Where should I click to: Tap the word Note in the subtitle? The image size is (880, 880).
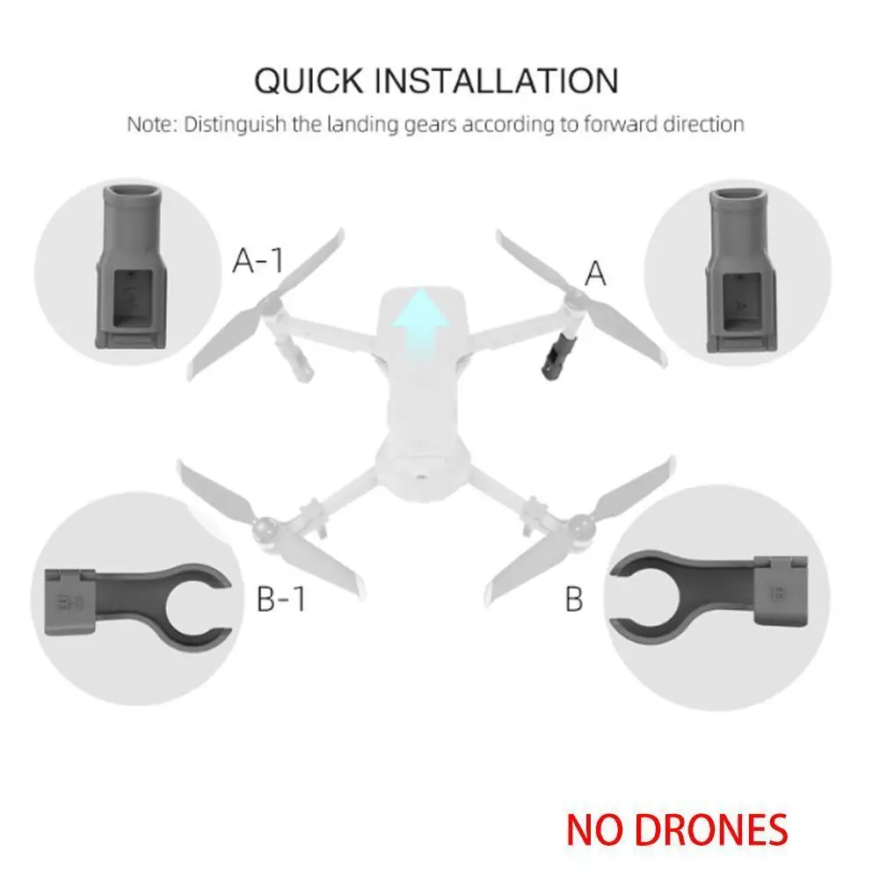tap(150, 124)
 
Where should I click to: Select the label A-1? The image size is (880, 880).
tap(258, 261)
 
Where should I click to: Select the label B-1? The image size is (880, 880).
tap(281, 600)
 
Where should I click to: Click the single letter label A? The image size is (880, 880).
tap(595, 274)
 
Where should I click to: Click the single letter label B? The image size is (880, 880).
tap(573, 600)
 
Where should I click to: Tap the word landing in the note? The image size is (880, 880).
tap(355, 124)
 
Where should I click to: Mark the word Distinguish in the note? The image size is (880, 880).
tap(235, 124)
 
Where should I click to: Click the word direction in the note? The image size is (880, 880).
tap(698, 124)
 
